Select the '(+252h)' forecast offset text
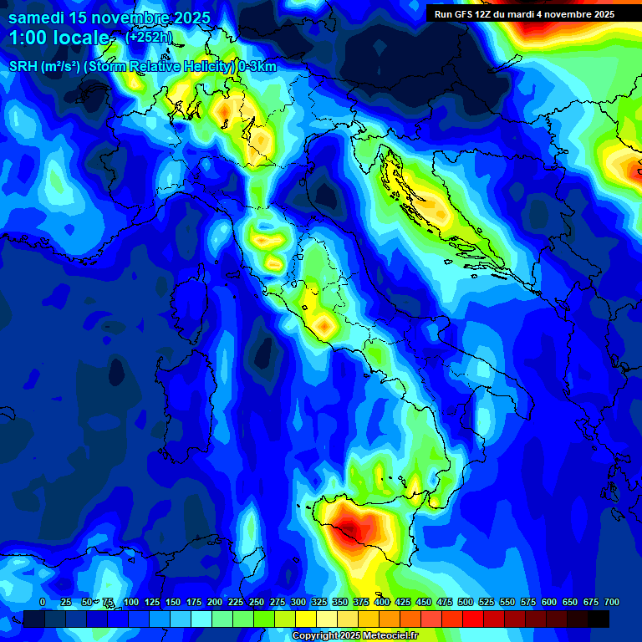pyautogui.click(x=149, y=38)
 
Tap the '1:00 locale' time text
pyautogui.click(x=59, y=38)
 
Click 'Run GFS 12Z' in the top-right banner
pyautogui.click(x=466, y=14)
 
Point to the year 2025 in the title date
pyautogui.click(x=191, y=18)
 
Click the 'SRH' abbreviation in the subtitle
pyautogui.click(x=23, y=67)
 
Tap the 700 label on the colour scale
pyautogui.click(x=611, y=602)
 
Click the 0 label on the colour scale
pyautogui.click(x=43, y=602)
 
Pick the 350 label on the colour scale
pyautogui.click(x=340, y=602)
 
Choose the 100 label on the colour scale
pyautogui.click(x=131, y=602)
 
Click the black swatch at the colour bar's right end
pyautogui.click(x=599, y=619)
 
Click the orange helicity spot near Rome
pyautogui.click(x=323, y=323)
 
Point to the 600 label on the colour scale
pyautogui.click(x=549, y=602)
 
